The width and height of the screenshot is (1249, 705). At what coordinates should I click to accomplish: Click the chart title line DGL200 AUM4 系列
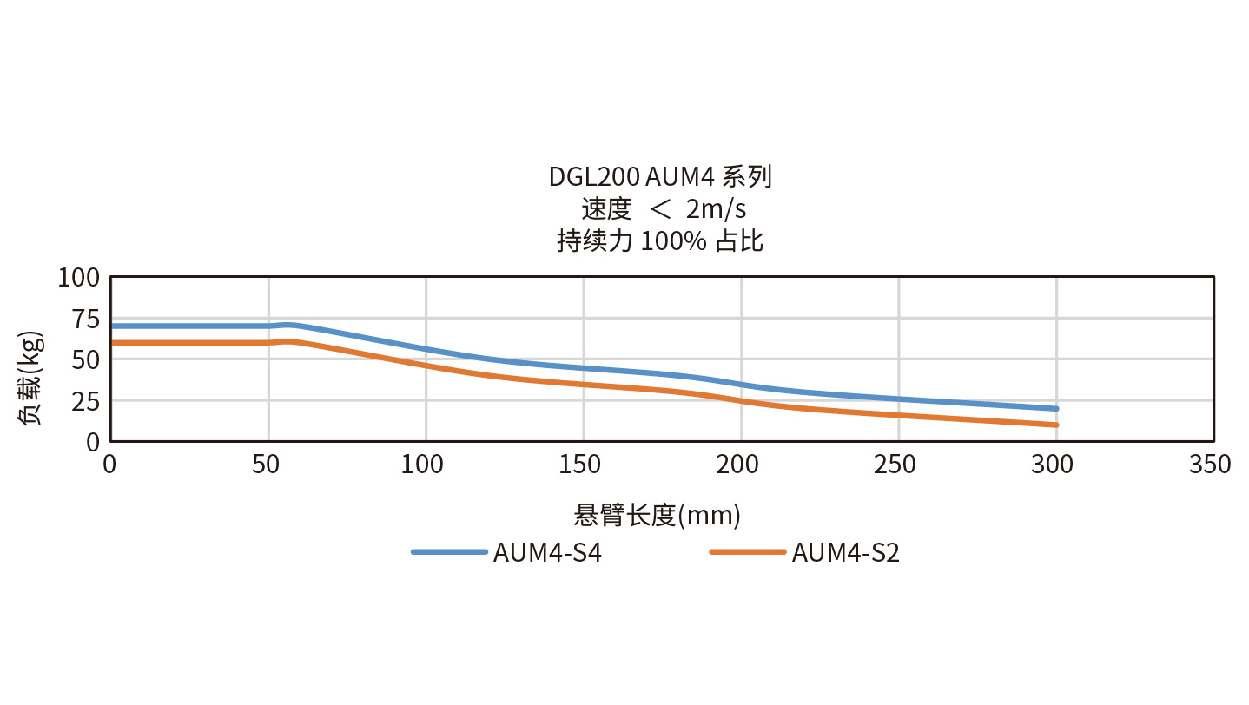click(x=660, y=177)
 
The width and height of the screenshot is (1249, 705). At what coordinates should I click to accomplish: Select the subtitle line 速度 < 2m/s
click(x=664, y=209)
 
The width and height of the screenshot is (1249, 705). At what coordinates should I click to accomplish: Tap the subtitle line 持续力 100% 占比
click(x=660, y=240)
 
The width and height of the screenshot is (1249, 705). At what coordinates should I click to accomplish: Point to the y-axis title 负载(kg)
click(x=30, y=378)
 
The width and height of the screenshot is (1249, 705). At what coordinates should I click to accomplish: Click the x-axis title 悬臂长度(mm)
click(x=658, y=516)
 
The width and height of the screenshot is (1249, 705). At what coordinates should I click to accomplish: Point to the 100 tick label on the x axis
click(x=424, y=465)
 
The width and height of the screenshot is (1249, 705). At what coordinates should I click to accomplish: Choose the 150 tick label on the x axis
click(x=581, y=465)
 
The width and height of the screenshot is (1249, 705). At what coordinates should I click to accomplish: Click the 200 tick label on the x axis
click(x=739, y=465)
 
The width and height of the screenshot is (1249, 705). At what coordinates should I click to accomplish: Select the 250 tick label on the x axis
click(x=896, y=465)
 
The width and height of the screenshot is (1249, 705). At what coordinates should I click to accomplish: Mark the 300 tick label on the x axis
click(x=1054, y=465)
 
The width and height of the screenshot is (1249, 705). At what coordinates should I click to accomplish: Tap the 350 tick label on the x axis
click(x=1211, y=465)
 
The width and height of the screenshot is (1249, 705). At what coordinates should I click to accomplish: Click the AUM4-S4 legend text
click(x=547, y=553)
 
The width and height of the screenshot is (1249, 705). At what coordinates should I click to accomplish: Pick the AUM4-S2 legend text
click(x=846, y=553)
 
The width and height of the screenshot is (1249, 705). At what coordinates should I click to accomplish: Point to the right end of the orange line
click(x=1055, y=425)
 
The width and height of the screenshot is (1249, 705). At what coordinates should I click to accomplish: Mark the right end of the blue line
click(x=1055, y=408)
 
